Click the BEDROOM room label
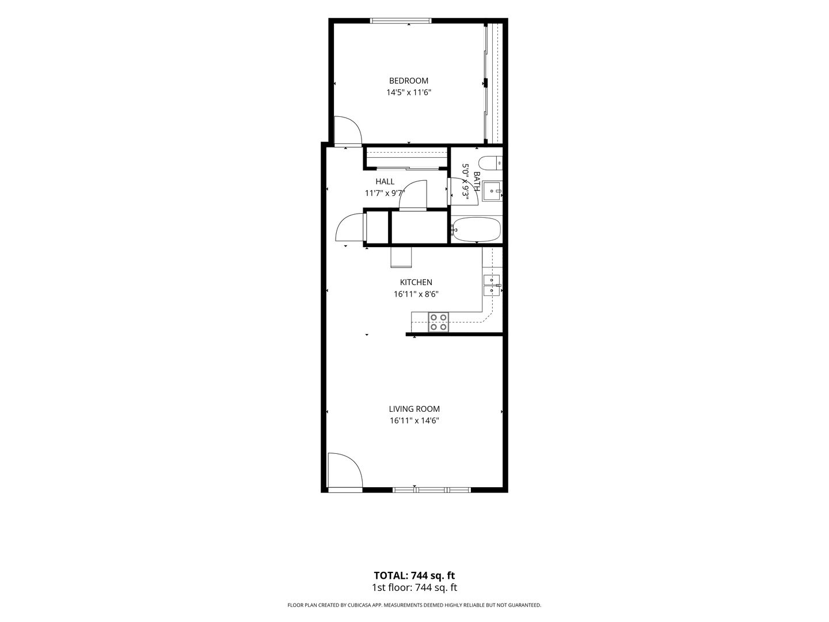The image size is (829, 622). coord(409,81)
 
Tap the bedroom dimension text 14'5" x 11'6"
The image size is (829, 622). coord(409,93)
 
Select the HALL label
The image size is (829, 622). coord(385,181)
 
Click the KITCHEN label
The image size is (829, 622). coord(416,282)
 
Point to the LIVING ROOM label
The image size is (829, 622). coord(414,409)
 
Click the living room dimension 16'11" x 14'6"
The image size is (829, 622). coord(414,420)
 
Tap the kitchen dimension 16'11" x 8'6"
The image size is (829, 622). coord(416,294)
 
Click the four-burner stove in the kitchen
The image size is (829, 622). coord(439,322)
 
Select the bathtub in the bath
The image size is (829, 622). coord(476,229)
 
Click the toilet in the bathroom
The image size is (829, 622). coord(490,163)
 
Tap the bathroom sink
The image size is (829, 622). coord(492,191)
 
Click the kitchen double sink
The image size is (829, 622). coord(492,285)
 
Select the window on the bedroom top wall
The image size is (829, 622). coord(400,21)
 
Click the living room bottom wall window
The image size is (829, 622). coord(432,490)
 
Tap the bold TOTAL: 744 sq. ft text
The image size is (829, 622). coord(414,575)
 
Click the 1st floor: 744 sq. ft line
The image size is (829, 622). coord(414,587)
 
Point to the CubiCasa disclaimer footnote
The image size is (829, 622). coord(414,605)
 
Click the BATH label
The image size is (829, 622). coord(477,181)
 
